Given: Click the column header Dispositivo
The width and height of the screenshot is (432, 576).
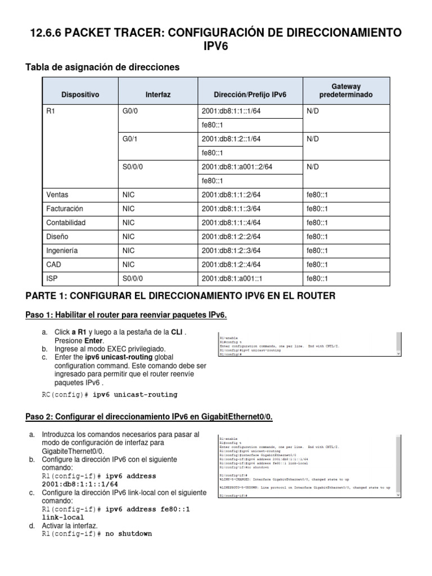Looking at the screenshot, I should coord(80,95).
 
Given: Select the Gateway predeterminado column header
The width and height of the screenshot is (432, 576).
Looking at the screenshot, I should coord(345,90).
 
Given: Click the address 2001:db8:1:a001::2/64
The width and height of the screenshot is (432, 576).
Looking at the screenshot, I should coord(237,167).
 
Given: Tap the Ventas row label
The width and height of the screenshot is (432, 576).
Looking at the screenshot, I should coord(57,195).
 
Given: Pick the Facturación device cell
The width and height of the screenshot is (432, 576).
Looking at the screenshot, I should coord(64,209).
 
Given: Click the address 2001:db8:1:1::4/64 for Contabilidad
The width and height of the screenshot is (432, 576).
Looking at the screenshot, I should coord(231,223).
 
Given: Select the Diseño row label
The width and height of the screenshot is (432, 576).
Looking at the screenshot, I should coord(57,237).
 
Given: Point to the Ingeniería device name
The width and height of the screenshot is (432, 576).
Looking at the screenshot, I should coord(62,250).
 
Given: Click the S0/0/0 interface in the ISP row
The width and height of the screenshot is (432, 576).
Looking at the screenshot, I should coord(133,278).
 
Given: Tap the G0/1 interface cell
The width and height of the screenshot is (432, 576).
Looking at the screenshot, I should coord(130,139).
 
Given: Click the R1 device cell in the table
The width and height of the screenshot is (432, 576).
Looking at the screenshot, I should coord(51,111).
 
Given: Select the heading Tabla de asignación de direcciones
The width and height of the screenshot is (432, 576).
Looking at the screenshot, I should coord(102,67).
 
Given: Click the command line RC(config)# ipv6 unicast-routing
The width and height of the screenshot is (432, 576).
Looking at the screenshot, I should coord(110,394).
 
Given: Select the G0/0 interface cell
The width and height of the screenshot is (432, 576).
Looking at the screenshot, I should coord(130,111).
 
